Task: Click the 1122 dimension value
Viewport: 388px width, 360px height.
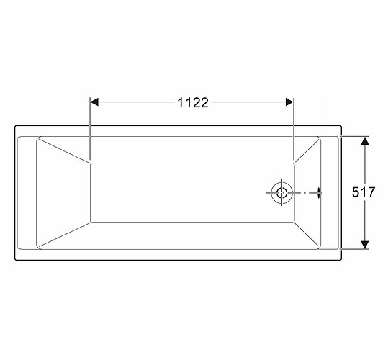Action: [193, 102]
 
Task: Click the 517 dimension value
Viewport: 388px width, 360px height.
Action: [364, 192]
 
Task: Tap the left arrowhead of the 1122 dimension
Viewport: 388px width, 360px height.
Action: [94, 102]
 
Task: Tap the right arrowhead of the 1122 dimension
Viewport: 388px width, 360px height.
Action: [289, 102]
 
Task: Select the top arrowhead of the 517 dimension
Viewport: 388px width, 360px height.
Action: [365, 140]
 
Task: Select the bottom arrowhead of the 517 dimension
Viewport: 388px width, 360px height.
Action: [365, 245]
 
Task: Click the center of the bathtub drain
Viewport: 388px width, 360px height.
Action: [281, 192]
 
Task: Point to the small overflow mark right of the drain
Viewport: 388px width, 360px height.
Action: [319, 192]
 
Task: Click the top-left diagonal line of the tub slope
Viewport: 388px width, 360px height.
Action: [64, 150]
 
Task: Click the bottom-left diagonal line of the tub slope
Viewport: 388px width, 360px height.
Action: [64, 235]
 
